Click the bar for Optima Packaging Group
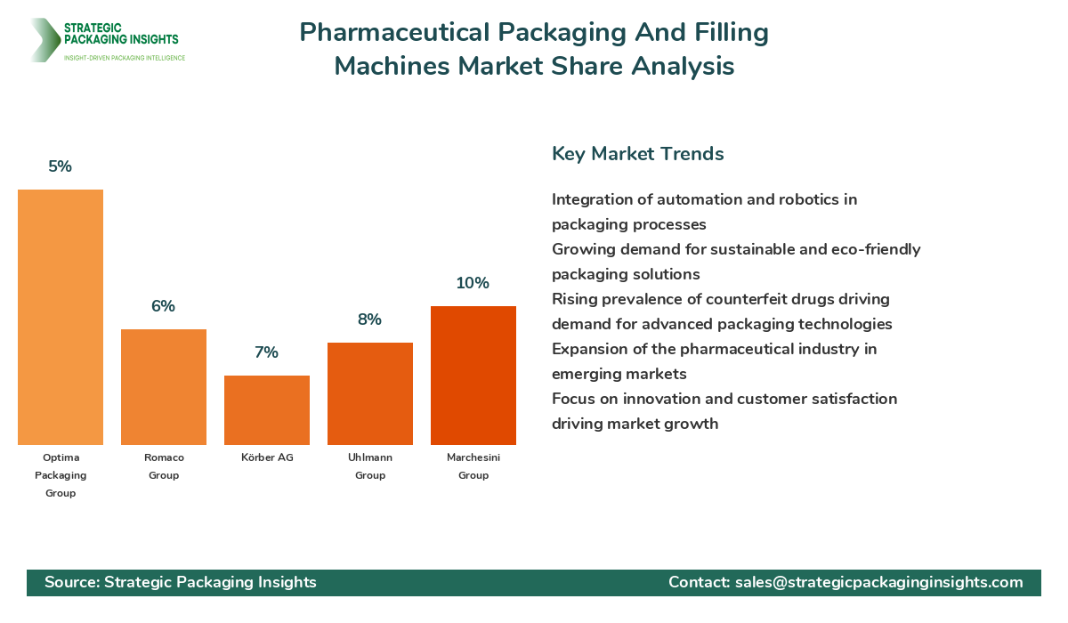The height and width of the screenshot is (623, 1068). coord(61,317)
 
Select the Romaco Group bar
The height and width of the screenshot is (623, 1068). coord(164,387)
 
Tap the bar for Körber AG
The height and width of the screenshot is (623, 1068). coord(267,410)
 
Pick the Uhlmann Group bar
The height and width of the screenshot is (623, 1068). coord(370,393)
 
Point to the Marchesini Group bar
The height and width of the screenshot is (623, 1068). coord(473,376)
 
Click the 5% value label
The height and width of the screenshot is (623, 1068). coord(61,166)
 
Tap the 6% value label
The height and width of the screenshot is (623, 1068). coord(164,306)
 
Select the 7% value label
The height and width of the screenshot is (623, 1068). coord(267,352)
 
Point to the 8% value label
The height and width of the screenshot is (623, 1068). coord(370,320)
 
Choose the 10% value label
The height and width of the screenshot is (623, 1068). coord(473,283)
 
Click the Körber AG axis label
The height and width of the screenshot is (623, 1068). coord(267,457)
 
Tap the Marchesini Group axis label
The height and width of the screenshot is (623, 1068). coord(473,466)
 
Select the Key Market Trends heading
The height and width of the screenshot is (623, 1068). coord(638,153)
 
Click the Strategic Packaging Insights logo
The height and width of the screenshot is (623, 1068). coord(107,40)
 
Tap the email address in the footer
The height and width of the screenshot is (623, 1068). coord(879,582)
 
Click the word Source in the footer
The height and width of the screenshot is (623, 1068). coord(70,582)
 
